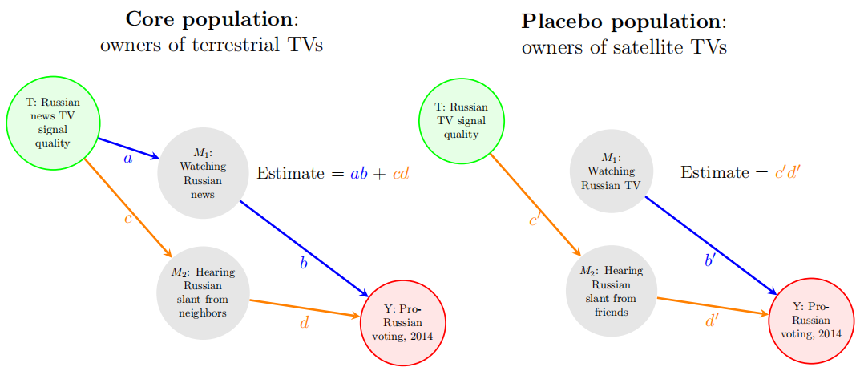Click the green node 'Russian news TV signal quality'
(53, 123)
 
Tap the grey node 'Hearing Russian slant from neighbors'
(204, 292)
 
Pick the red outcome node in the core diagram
(403, 323)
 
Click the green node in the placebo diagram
(462, 120)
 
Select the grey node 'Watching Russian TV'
(611, 171)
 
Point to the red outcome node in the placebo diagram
(811, 321)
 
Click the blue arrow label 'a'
(127, 159)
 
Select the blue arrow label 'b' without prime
(304, 263)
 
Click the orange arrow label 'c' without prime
(127, 219)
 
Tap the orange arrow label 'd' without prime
(305, 323)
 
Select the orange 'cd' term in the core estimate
(401, 172)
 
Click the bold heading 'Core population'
(208, 19)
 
